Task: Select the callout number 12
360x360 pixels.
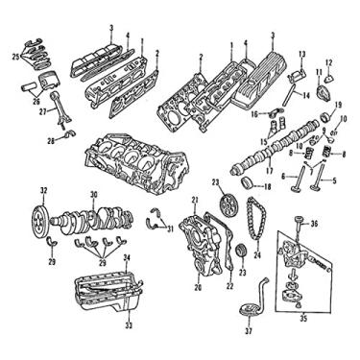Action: [330, 63]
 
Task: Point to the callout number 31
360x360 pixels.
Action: [170, 228]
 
